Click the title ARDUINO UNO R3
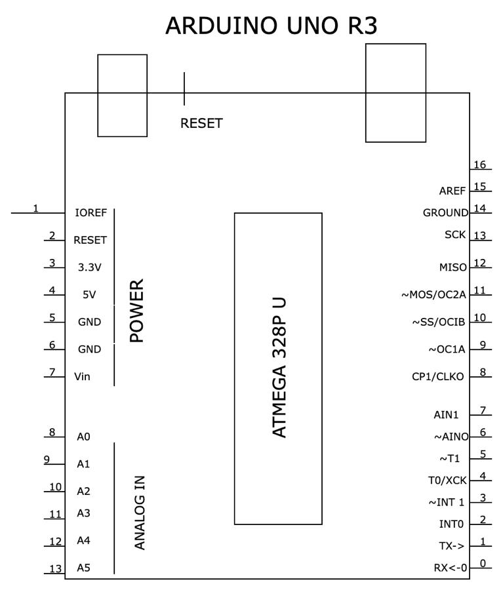(271, 26)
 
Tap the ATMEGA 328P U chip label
(278, 368)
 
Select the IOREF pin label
(91, 213)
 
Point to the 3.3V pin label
(90, 267)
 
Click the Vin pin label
(83, 376)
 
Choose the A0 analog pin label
(83, 437)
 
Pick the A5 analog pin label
(83, 568)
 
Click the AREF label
(453, 191)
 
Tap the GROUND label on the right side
(445, 212)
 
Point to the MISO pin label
(453, 267)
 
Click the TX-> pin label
(453, 545)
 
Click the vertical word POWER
(136, 311)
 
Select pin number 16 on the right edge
(480, 165)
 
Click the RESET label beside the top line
(201, 123)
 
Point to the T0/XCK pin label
(447, 481)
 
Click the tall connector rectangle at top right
(395, 92)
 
